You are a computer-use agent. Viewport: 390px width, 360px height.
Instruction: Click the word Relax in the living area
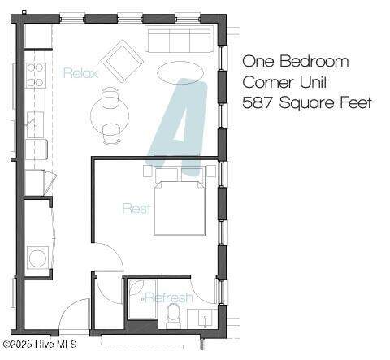pos(80,73)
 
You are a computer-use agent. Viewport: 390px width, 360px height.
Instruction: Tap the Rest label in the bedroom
pos(136,208)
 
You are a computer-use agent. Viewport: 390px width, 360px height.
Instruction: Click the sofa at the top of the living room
pos(179,39)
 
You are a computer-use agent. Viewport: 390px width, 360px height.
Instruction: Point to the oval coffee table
pos(180,72)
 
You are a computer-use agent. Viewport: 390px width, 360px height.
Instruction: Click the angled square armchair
pos(122,60)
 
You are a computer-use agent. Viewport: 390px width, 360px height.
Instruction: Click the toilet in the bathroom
pos(173,316)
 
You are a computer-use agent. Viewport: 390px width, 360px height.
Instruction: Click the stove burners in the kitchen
pos(36,75)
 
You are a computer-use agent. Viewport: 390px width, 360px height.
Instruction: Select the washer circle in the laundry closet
pos(37,258)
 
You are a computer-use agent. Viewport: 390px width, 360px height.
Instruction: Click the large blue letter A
pos(180,126)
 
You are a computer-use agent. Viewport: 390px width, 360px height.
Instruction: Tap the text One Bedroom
pos(296,62)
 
